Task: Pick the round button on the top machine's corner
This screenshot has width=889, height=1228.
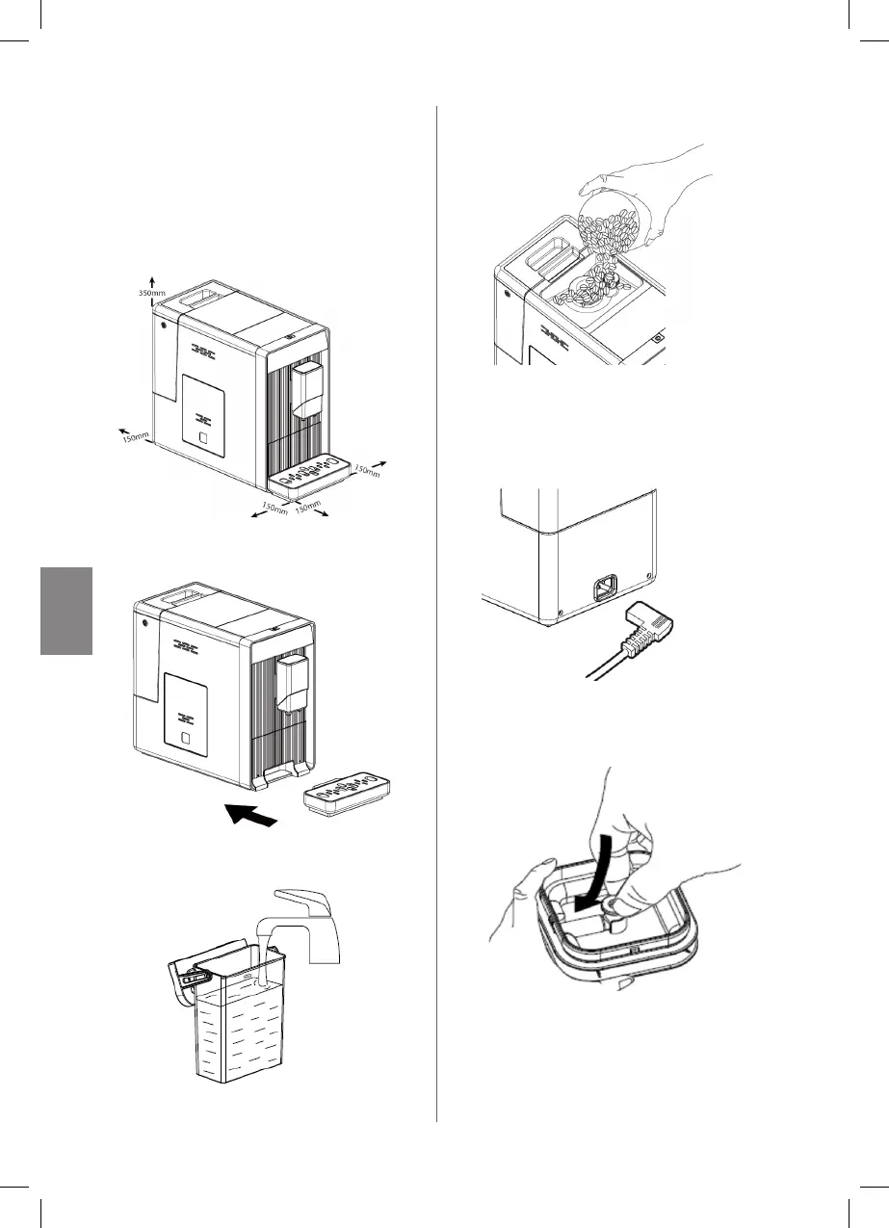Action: click(x=163, y=324)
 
